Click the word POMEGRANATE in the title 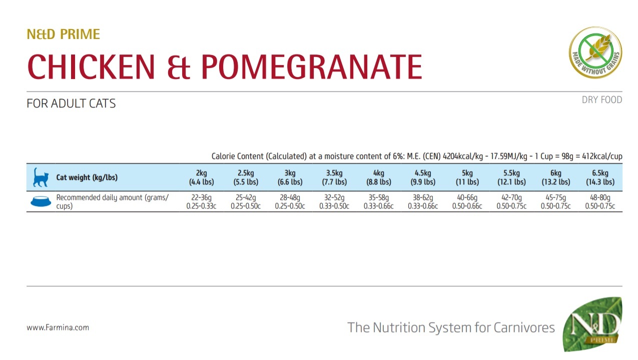point(311,66)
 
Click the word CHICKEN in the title point(92,66)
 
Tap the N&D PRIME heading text point(64,34)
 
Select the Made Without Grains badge point(595,52)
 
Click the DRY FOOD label point(601,100)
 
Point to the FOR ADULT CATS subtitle point(71,104)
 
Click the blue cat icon point(41,177)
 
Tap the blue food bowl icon point(41,201)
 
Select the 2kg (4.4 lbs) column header point(201,177)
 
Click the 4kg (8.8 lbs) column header point(378,177)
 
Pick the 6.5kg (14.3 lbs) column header point(600,177)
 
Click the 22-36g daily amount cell point(201,201)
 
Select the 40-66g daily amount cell point(467,201)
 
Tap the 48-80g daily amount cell point(600,201)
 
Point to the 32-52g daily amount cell point(334,201)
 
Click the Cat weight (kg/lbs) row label point(87,177)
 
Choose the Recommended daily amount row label point(112,201)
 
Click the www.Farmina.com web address point(58,328)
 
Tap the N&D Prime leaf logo point(593,325)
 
